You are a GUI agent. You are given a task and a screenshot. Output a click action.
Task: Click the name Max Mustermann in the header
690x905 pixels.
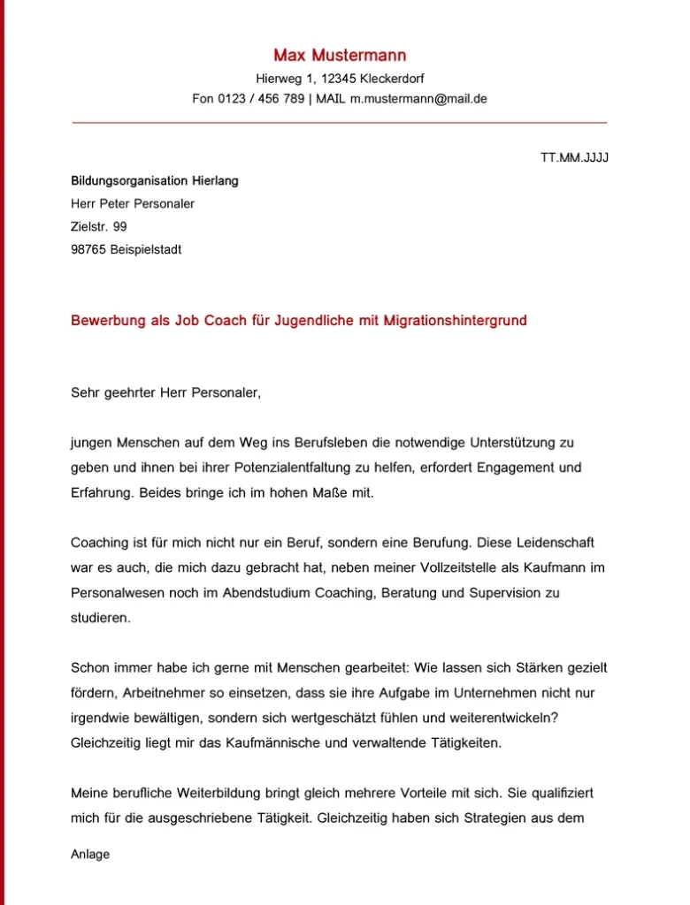click(x=340, y=56)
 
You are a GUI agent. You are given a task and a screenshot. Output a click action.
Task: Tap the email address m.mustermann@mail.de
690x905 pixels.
click(x=418, y=99)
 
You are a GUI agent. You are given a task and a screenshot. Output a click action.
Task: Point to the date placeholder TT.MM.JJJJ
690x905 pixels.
click(x=574, y=158)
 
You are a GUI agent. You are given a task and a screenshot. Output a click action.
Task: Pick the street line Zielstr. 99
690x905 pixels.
click(x=98, y=227)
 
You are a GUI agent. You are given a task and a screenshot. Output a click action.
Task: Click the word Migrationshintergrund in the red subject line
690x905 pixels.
click(x=455, y=321)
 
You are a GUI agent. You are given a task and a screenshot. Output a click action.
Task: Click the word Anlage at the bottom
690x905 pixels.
click(x=90, y=855)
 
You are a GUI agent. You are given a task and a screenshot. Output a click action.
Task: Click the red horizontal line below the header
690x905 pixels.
click(x=340, y=122)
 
